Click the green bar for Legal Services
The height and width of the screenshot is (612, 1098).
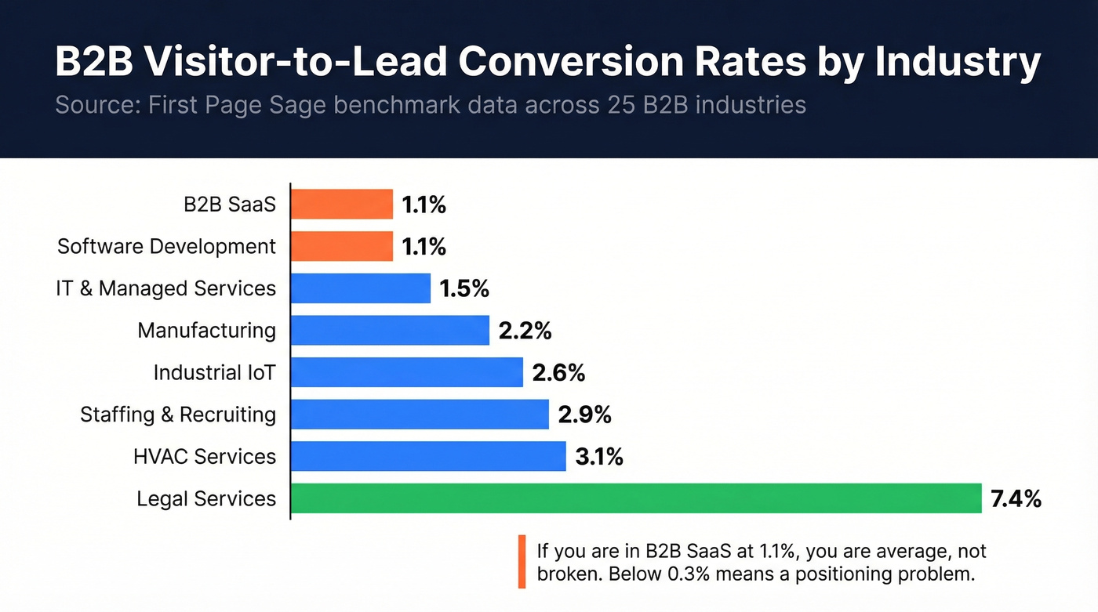[636, 498]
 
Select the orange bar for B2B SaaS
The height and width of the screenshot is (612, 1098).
[342, 205]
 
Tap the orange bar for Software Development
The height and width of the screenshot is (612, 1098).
[342, 247]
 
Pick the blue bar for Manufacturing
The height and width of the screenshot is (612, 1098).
[390, 331]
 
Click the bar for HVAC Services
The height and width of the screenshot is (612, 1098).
[428, 456]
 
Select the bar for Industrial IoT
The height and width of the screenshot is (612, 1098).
[407, 372]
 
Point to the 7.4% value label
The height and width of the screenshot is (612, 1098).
[1016, 498]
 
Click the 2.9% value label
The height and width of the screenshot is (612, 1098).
[584, 415]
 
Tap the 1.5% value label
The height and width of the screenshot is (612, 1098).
[464, 288]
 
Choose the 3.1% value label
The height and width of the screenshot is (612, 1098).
[599, 456]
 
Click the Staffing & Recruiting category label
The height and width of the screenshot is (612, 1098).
[178, 415]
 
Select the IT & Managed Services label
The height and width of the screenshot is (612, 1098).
[165, 288]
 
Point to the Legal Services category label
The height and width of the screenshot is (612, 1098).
[206, 498]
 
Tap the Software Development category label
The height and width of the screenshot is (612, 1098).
[166, 247]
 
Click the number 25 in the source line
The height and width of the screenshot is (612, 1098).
[616, 104]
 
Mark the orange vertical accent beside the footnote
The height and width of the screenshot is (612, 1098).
[522, 561]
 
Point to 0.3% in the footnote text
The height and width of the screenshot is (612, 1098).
[693, 574]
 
